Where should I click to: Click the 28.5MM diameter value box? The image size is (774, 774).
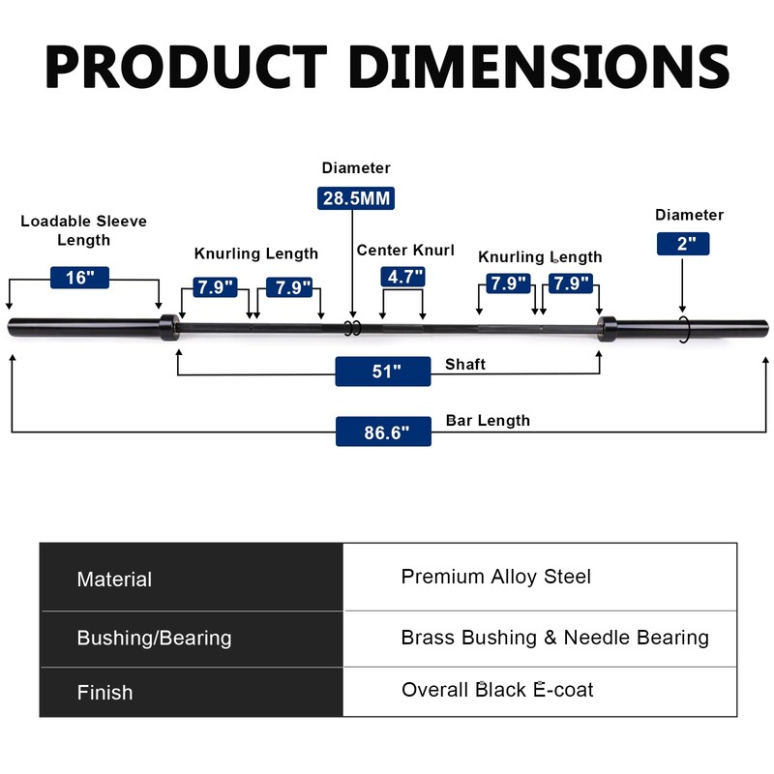click(x=356, y=198)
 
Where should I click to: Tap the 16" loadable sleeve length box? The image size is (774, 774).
click(x=79, y=278)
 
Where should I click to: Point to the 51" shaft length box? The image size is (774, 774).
click(x=383, y=372)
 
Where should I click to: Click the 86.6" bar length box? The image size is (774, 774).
click(x=383, y=432)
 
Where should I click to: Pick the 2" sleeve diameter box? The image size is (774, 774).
click(x=683, y=244)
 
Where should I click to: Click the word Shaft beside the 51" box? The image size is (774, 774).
click(x=465, y=365)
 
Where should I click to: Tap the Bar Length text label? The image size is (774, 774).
click(x=488, y=421)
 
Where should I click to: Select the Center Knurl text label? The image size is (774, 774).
click(x=405, y=251)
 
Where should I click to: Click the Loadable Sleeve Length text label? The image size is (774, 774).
click(x=84, y=230)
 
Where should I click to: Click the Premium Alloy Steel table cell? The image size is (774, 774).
click(x=495, y=577)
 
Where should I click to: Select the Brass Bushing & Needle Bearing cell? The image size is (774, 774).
click(x=554, y=638)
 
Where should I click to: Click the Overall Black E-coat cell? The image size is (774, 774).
click(x=497, y=690)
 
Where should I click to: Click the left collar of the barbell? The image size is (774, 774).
click(x=168, y=328)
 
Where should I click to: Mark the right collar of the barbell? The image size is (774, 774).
click(x=607, y=328)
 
